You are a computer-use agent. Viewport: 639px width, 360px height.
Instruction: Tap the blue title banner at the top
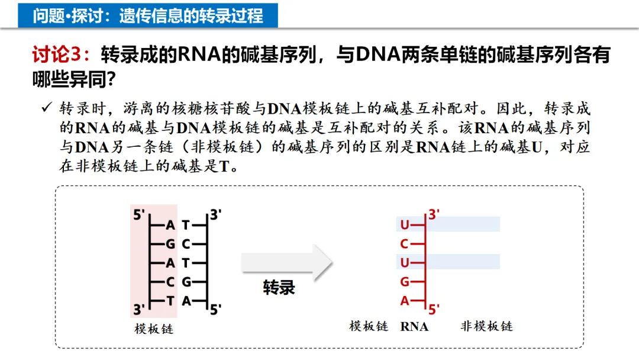coord(148,14)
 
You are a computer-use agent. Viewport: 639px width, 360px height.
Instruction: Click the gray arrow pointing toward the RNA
coord(287,262)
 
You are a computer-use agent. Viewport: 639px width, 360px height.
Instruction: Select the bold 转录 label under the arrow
coord(279,288)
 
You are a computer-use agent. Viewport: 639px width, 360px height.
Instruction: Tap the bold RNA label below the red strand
coord(414,326)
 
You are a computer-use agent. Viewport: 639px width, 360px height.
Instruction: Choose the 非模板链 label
coord(486,326)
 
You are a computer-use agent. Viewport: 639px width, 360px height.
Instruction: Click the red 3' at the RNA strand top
coord(435,214)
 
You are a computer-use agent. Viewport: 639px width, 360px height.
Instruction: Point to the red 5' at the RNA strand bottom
coord(434,308)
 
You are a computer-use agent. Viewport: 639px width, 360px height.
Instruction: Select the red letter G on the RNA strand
coord(405,282)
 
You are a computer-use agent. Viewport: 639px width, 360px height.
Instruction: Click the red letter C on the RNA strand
coord(405,244)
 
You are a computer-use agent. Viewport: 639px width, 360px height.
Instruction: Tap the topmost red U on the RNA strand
coord(405,225)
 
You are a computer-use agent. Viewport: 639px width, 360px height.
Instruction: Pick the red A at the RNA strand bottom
coord(405,301)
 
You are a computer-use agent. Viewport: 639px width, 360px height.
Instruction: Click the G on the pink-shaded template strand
coord(170,244)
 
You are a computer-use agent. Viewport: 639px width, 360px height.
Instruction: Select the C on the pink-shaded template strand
coord(170,282)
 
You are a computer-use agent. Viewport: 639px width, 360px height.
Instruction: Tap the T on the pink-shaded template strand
coord(170,301)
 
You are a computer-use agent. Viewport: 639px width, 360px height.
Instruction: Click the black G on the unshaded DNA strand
coord(186,282)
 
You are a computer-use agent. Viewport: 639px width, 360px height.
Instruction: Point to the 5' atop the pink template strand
coord(139,214)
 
